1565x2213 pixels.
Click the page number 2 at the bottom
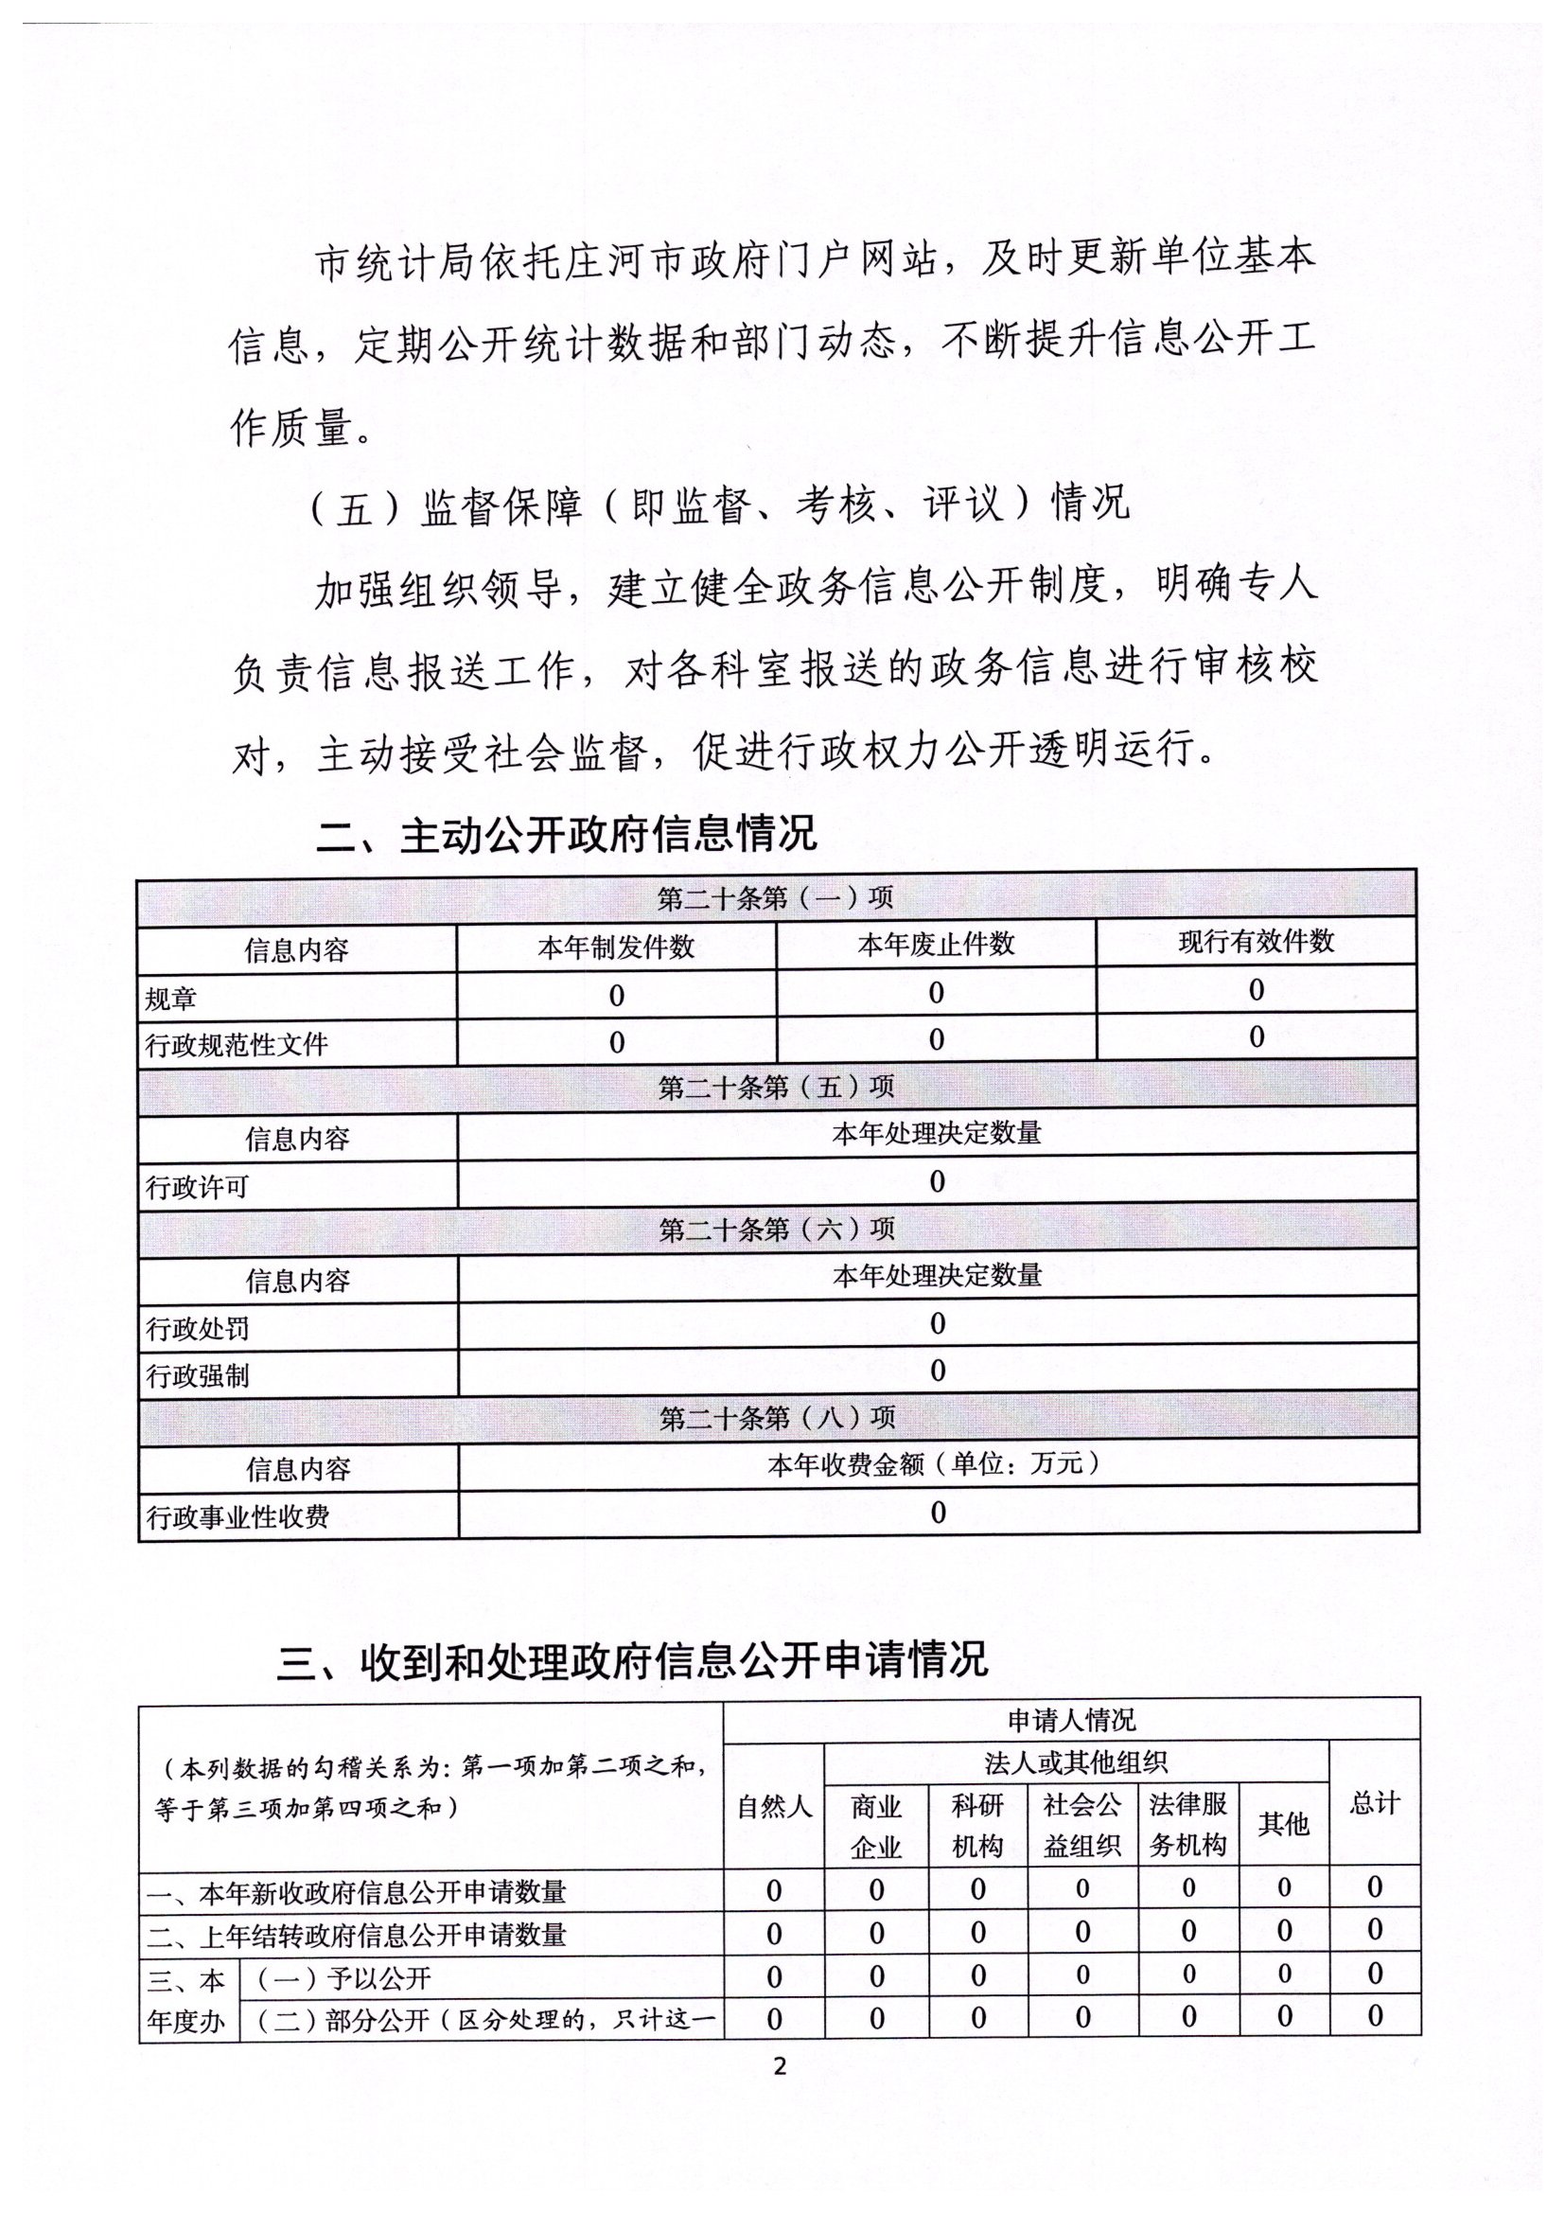[x=780, y=2065]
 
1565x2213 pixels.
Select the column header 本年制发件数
[x=616, y=947]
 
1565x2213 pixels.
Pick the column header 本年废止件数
[x=936, y=945]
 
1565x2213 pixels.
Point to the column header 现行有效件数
[x=1256, y=942]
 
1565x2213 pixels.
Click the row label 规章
[x=170, y=999]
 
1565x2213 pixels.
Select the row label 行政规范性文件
[x=237, y=1045]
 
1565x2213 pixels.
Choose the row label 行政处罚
[x=197, y=1329]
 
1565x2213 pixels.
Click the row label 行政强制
[x=197, y=1375]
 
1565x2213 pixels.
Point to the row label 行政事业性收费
[x=237, y=1517]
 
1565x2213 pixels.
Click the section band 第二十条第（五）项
[x=777, y=1088]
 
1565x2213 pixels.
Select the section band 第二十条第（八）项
[x=777, y=1418]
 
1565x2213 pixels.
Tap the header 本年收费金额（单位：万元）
[x=936, y=1465]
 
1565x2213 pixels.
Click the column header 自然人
[x=774, y=1806]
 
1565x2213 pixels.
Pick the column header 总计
[x=1374, y=1802]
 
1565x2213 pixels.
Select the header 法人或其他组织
[x=1076, y=1762]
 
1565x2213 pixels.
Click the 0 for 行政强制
[x=938, y=1371]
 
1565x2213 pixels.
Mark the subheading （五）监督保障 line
[x=720, y=505]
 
